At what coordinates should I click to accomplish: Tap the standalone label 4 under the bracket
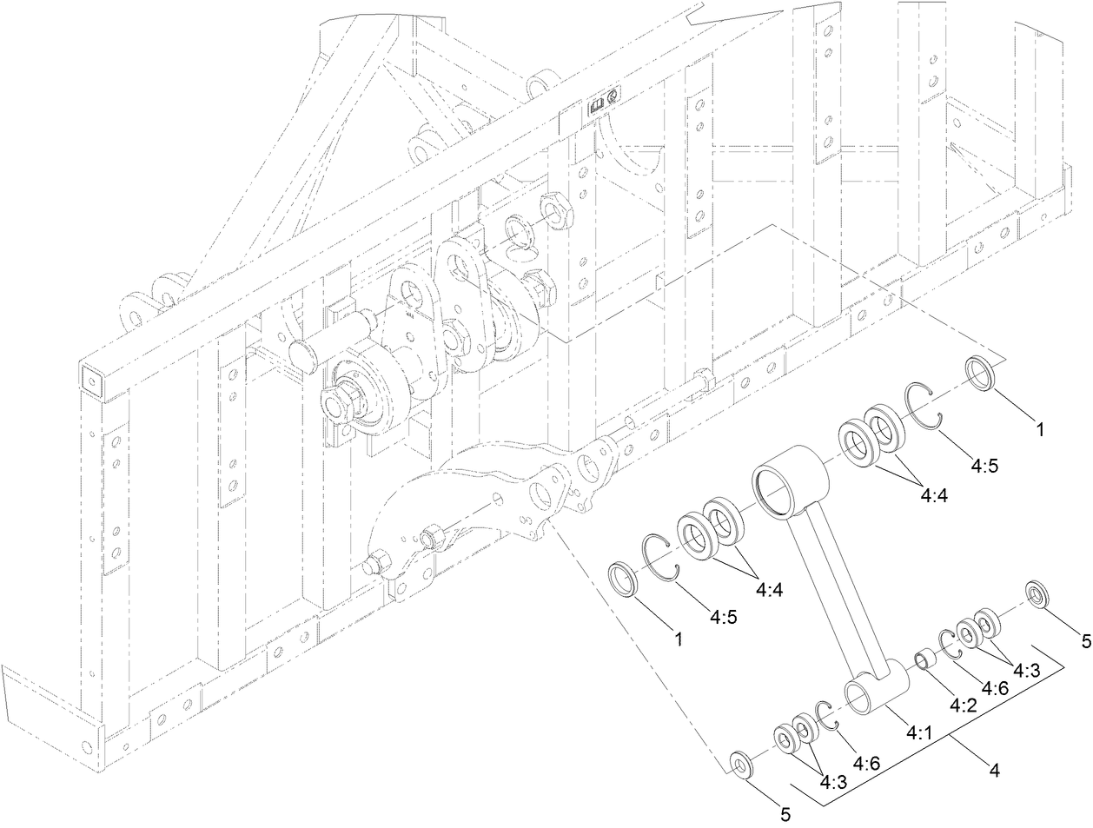point(994,768)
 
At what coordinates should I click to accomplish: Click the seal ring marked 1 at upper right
point(982,374)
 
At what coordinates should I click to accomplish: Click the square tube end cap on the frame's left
point(88,379)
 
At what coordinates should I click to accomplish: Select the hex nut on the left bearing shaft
point(336,403)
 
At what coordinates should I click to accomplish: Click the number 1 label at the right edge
point(1039,428)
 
